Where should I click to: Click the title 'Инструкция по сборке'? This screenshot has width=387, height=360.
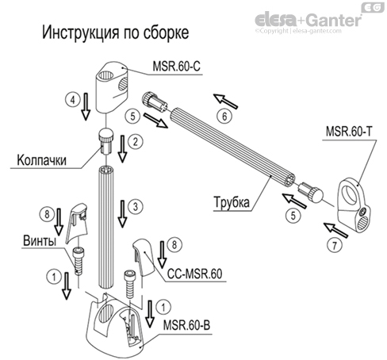click(115, 36)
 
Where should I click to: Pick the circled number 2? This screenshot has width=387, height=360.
click(136, 142)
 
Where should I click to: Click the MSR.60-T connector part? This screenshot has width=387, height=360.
click(353, 206)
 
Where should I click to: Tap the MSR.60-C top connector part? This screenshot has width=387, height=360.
click(112, 86)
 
